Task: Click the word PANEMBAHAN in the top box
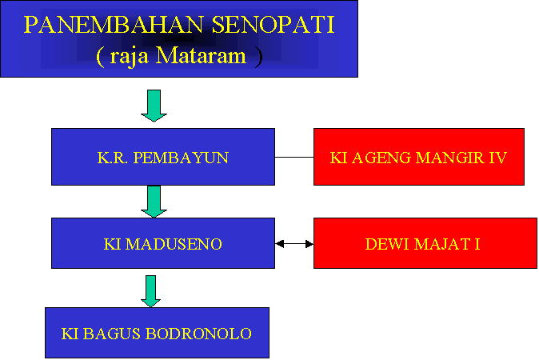[x=113, y=25]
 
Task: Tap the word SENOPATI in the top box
[x=273, y=25]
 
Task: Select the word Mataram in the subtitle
[x=201, y=55]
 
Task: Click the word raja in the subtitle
[x=129, y=57]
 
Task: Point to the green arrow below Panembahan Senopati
[x=154, y=106]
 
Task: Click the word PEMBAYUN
[x=181, y=158]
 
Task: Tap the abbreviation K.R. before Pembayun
[x=113, y=158]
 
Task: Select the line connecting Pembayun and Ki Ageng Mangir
[x=294, y=157]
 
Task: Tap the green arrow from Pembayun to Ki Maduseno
[x=154, y=202]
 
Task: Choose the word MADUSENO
[x=174, y=244]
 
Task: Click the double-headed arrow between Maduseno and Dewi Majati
[x=294, y=244]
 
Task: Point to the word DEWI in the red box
[x=387, y=244]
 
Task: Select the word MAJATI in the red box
[x=447, y=244]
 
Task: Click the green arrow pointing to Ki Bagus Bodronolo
[x=150, y=291]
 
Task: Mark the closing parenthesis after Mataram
[x=259, y=57]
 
